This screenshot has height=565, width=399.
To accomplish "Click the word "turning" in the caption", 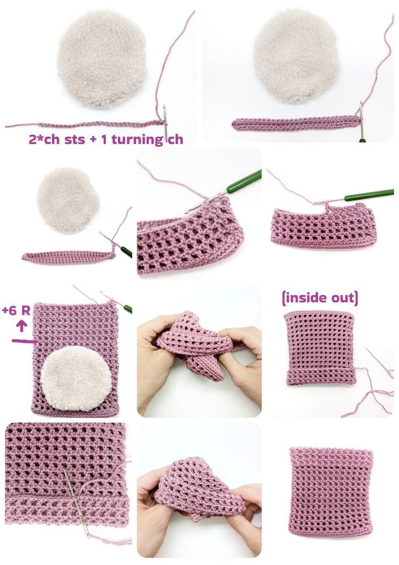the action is (137, 140).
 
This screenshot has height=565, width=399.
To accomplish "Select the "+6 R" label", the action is (16, 310).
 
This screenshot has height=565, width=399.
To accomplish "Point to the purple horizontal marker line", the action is (24, 340).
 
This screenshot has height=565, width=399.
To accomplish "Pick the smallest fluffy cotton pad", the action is (68, 200).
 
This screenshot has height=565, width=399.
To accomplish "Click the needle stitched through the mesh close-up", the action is (75, 501).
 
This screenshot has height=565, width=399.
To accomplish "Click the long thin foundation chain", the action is (84, 125).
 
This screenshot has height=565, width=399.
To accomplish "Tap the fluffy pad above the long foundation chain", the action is (102, 58).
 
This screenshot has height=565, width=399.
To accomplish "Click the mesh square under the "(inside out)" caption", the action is (320, 348).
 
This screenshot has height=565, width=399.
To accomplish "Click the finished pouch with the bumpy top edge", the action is (331, 492).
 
